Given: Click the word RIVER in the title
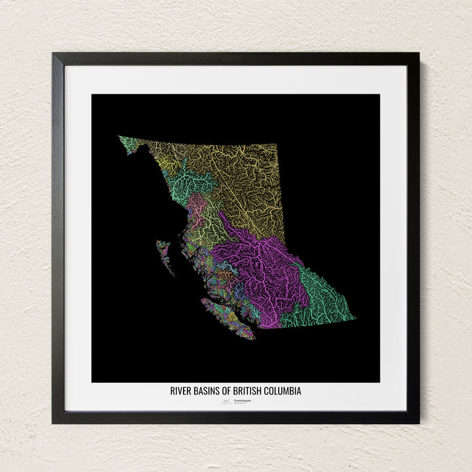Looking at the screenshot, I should (181, 391).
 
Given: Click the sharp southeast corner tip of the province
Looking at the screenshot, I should (354, 319).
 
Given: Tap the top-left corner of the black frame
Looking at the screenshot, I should (54, 54).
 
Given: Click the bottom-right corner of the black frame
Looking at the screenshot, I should (418, 422).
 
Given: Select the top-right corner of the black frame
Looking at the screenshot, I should (418, 54).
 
